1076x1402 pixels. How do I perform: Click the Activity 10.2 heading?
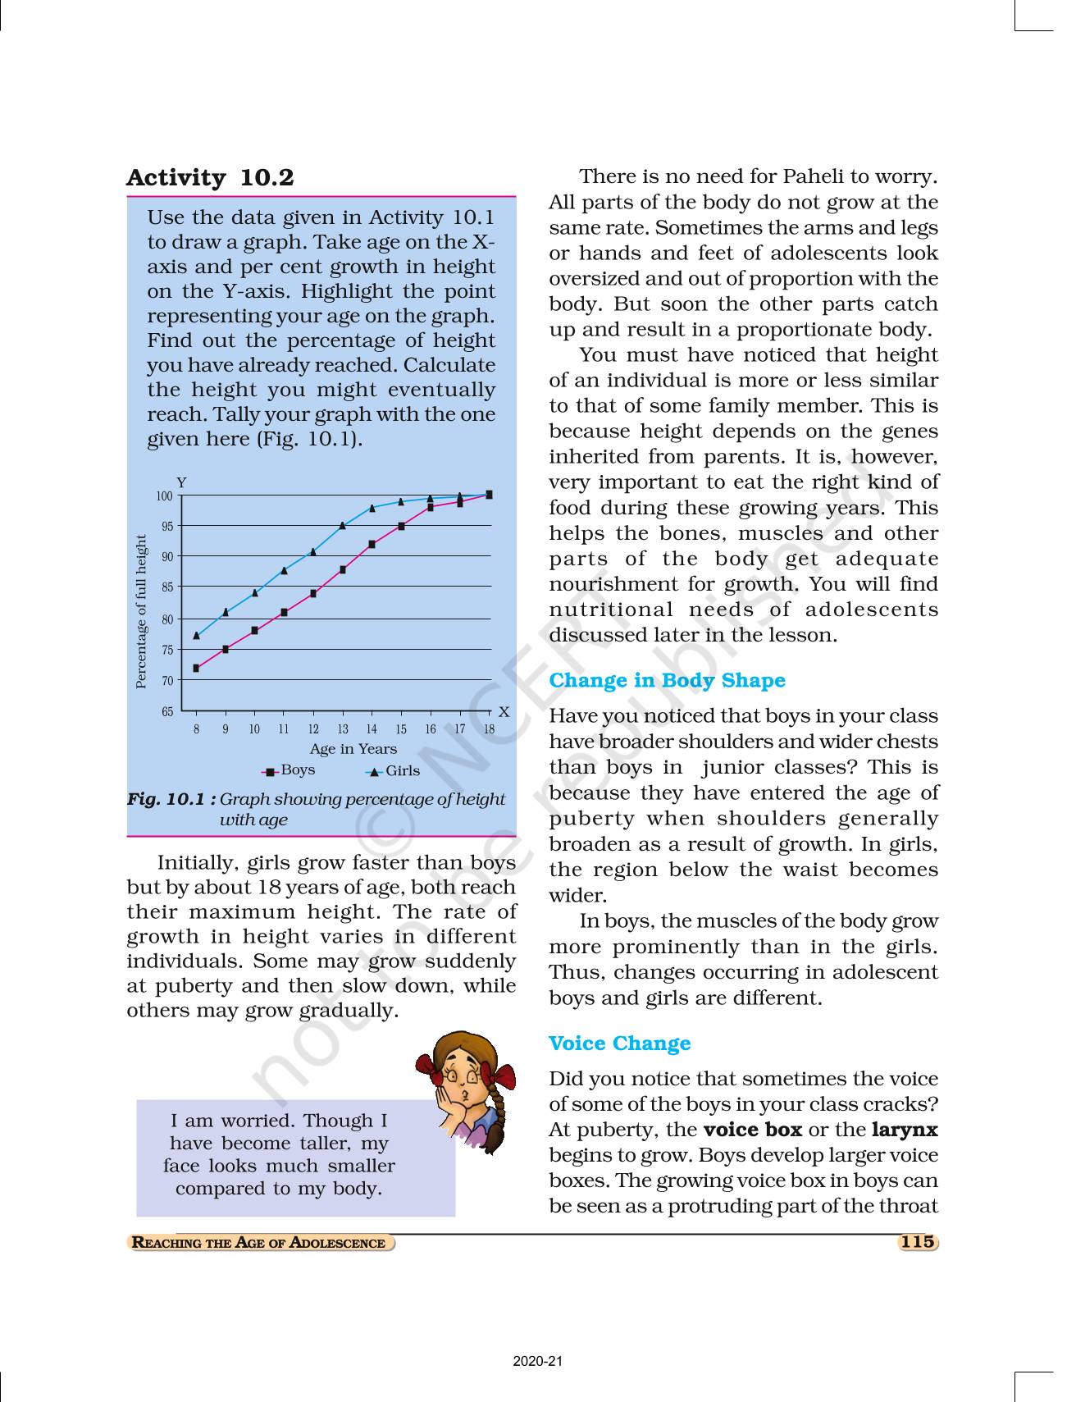210,178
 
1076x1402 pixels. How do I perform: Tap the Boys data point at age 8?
196,669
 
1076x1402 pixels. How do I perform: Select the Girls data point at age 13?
343,526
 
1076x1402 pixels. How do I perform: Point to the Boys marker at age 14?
372,545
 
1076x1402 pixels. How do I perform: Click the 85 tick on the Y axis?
167,587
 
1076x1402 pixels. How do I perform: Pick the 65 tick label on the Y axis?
167,712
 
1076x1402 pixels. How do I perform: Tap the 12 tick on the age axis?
313,729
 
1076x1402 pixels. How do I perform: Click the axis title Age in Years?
353,749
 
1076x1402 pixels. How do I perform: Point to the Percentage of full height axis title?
141,612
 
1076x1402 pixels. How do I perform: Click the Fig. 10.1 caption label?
171,799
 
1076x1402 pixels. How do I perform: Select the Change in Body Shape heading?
667,681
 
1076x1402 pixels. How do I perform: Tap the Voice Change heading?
619,1044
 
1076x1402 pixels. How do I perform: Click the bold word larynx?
904,1130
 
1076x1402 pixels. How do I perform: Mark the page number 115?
917,1242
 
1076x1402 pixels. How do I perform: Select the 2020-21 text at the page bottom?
538,1362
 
